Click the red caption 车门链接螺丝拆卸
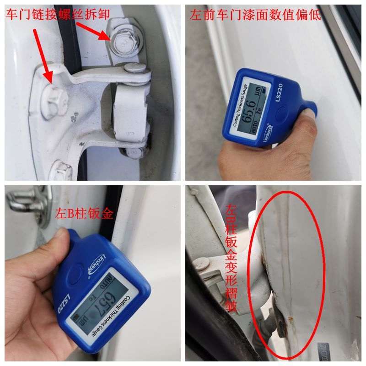coord(58,15)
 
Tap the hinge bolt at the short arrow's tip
coord(123,44)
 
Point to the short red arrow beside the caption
coord(94,32)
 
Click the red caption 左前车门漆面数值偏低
coord(255,16)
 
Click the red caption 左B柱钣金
coord(84,213)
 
